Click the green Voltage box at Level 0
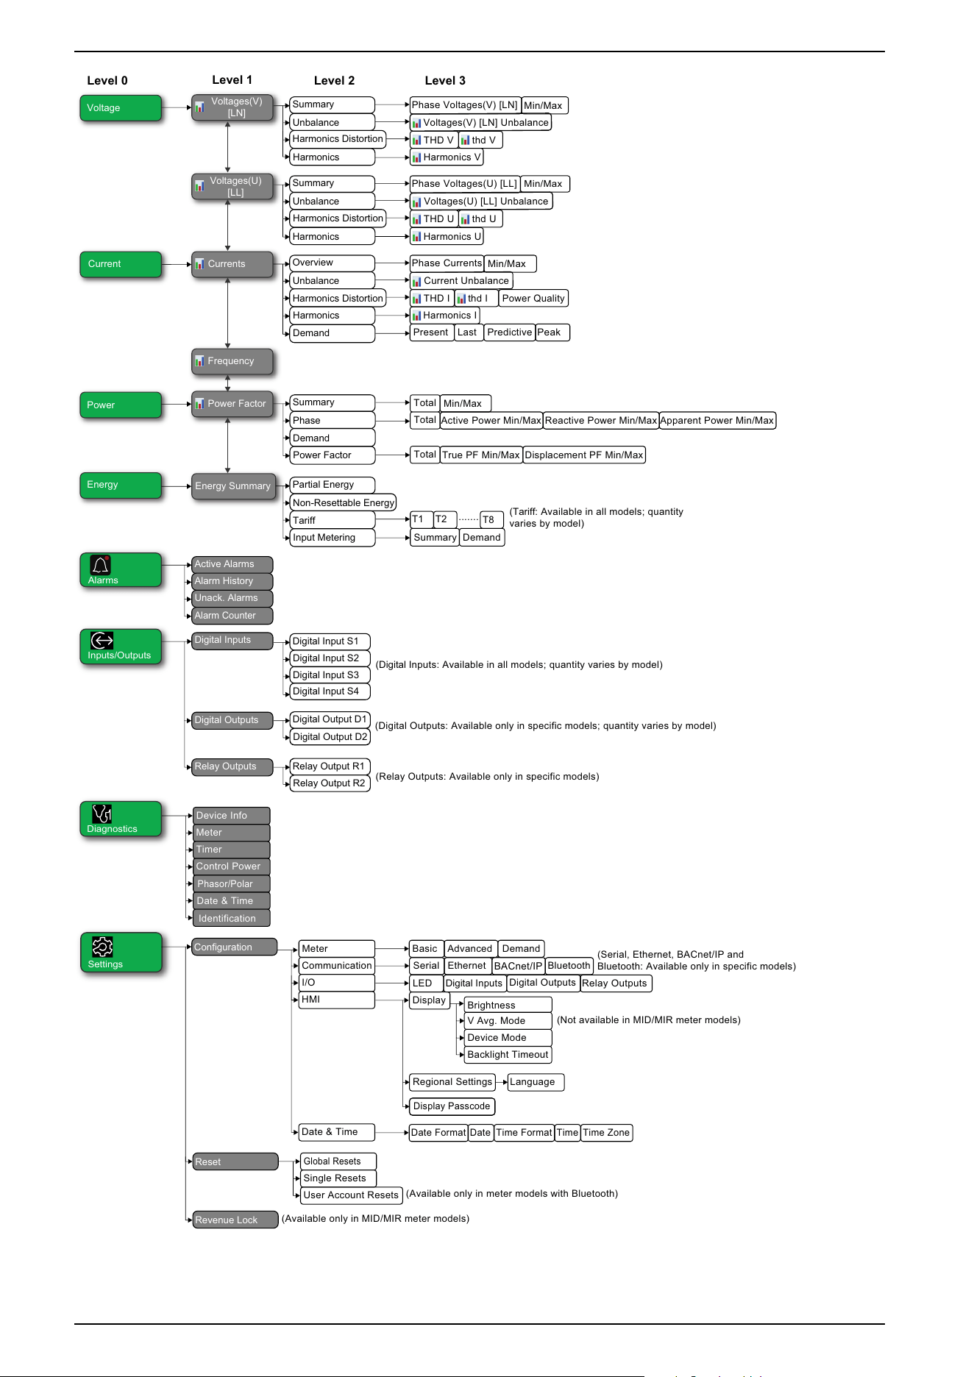click(x=121, y=108)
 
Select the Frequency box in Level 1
click(x=232, y=361)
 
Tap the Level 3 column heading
click(x=445, y=81)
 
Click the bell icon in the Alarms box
click(x=101, y=565)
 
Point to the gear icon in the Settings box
click(x=102, y=947)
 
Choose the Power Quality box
click(x=533, y=299)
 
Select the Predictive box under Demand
click(x=509, y=332)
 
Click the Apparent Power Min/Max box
click(x=717, y=421)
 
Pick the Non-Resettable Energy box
click(x=343, y=503)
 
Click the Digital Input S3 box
click(x=330, y=675)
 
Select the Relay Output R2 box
click(x=330, y=783)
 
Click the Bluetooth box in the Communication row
click(x=569, y=966)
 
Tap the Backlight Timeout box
click(x=508, y=1055)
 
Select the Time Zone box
click(x=606, y=1133)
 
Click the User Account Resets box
click(x=352, y=1195)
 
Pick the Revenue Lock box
click(x=235, y=1220)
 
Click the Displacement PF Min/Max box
click(x=584, y=455)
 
